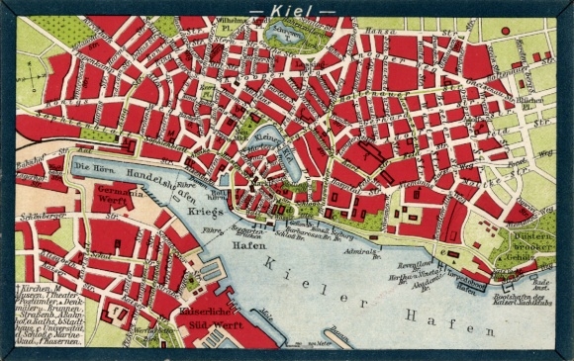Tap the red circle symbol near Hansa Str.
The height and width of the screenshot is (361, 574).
click(x=505, y=31)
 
